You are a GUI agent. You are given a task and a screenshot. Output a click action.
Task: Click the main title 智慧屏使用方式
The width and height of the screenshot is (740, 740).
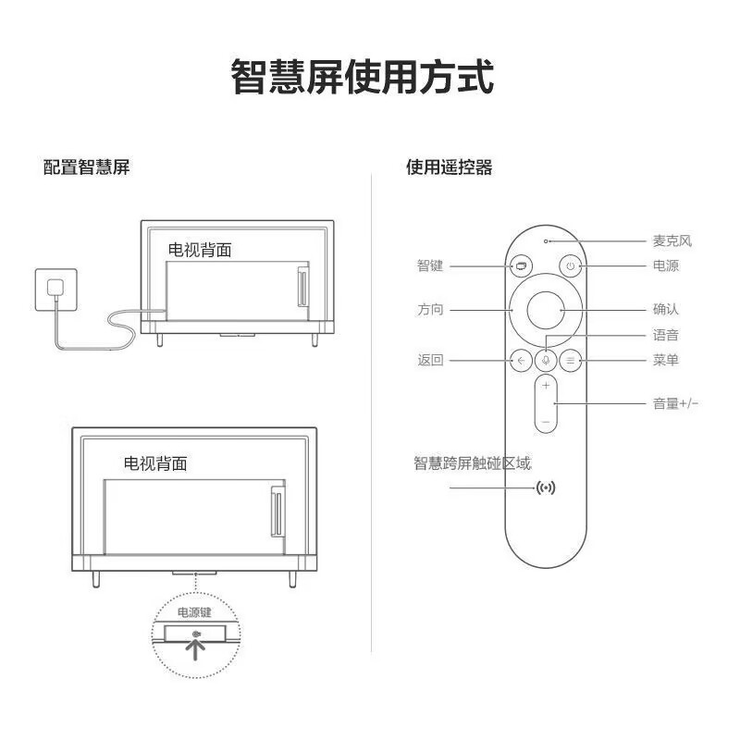pos(363,77)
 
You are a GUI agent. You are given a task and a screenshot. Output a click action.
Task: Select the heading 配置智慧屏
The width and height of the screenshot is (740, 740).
pos(86,167)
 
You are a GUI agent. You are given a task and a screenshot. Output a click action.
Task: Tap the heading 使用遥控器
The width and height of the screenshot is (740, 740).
pos(449,167)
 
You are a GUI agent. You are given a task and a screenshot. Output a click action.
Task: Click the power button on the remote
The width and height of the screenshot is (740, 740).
pos(571,266)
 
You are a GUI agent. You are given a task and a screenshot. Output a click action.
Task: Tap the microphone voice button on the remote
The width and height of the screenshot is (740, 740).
pos(546,361)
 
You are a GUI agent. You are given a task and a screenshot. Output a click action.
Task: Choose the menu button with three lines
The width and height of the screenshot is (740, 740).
pos(571,361)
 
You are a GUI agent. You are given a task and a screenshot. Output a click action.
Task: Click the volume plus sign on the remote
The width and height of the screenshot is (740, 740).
pos(546,386)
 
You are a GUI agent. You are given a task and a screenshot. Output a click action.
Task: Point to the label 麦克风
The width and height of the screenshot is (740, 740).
pos(672,241)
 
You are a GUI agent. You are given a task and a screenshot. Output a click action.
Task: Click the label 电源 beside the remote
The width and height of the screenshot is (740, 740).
pos(665,266)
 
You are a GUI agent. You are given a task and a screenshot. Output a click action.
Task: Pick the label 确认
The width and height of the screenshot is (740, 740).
pos(665,309)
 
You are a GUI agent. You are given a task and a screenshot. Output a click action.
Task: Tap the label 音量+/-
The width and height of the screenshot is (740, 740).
pos(675,403)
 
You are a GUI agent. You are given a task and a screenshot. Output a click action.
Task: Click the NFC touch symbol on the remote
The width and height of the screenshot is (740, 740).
pos(547,487)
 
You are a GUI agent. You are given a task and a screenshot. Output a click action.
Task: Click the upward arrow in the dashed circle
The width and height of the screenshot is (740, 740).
pos(196,650)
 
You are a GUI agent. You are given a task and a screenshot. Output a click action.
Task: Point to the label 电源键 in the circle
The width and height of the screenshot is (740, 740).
pos(194,611)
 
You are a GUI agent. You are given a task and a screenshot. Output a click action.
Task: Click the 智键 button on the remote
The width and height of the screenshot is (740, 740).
pos(521,266)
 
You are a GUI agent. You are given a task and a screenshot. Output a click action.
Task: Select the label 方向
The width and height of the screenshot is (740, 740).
pos(430,309)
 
